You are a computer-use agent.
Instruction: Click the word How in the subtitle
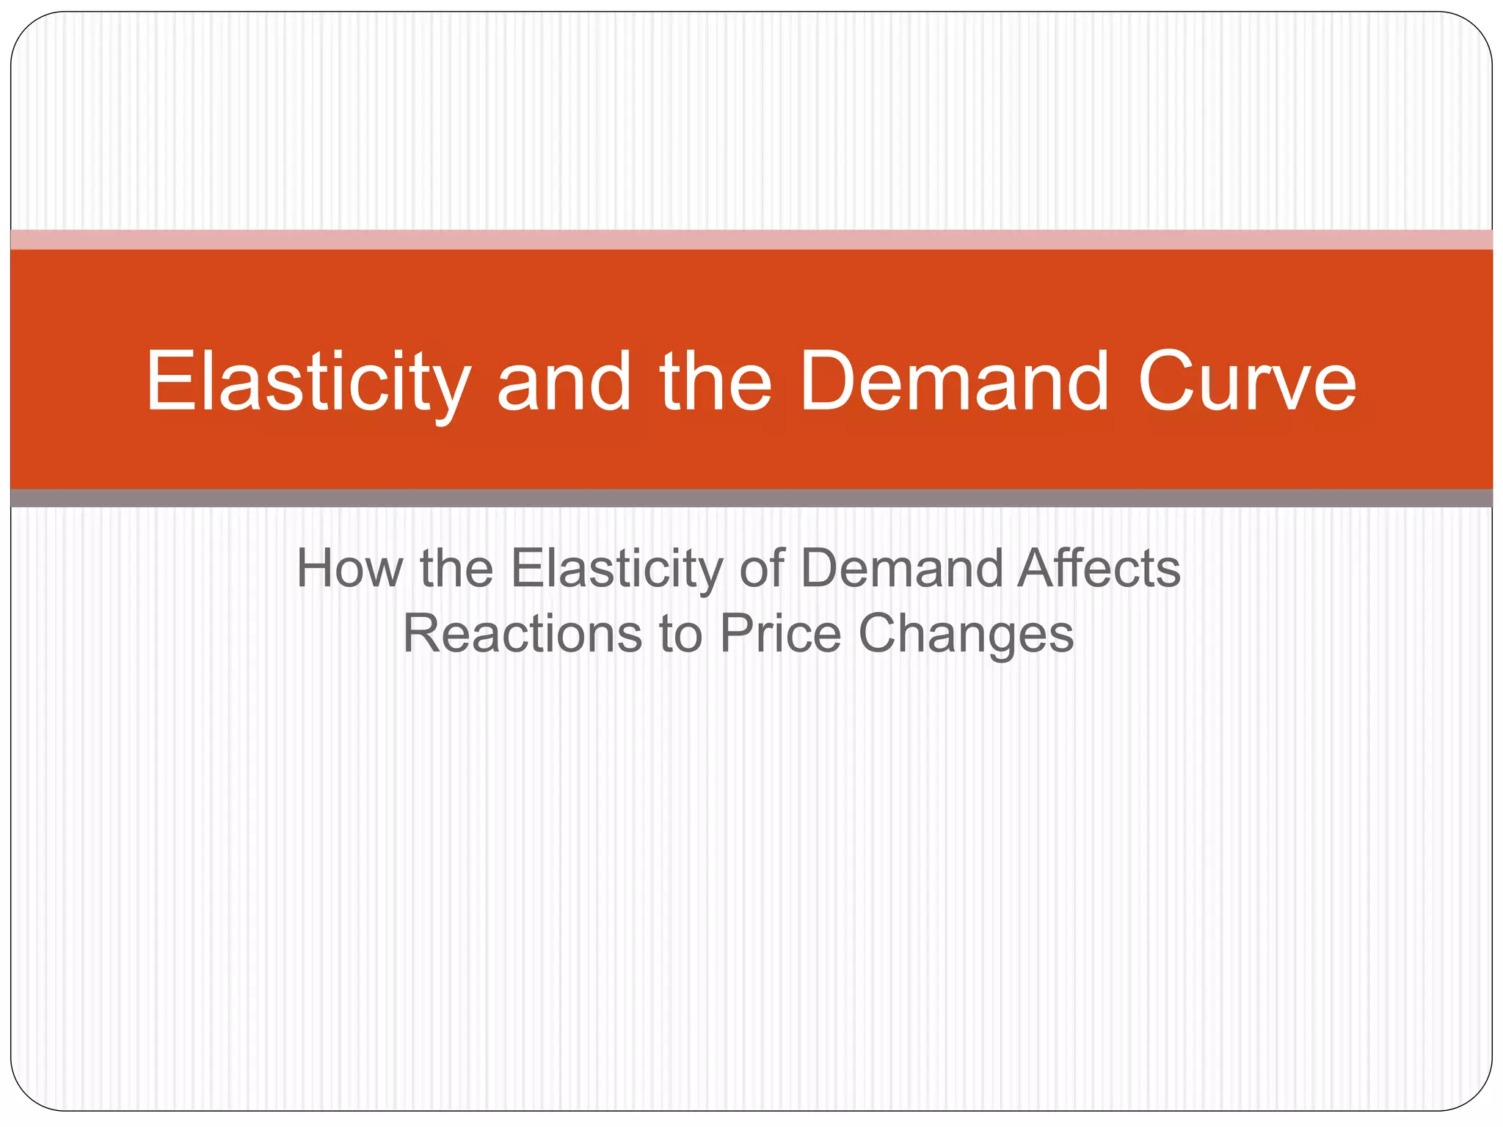(349, 569)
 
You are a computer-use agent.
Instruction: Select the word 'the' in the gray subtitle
(456, 569)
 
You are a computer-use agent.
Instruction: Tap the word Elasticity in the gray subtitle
(616, 569)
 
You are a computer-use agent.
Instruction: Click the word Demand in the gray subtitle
(901, 569)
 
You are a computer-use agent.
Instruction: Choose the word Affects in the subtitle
(1099, 569)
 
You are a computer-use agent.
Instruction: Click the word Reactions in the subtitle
(522, 634)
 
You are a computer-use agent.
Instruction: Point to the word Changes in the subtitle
(966, 634)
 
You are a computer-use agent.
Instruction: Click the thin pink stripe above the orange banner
(751, 240)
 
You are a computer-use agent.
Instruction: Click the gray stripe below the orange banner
(751, 498)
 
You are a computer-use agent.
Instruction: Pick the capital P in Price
(736, 634)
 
